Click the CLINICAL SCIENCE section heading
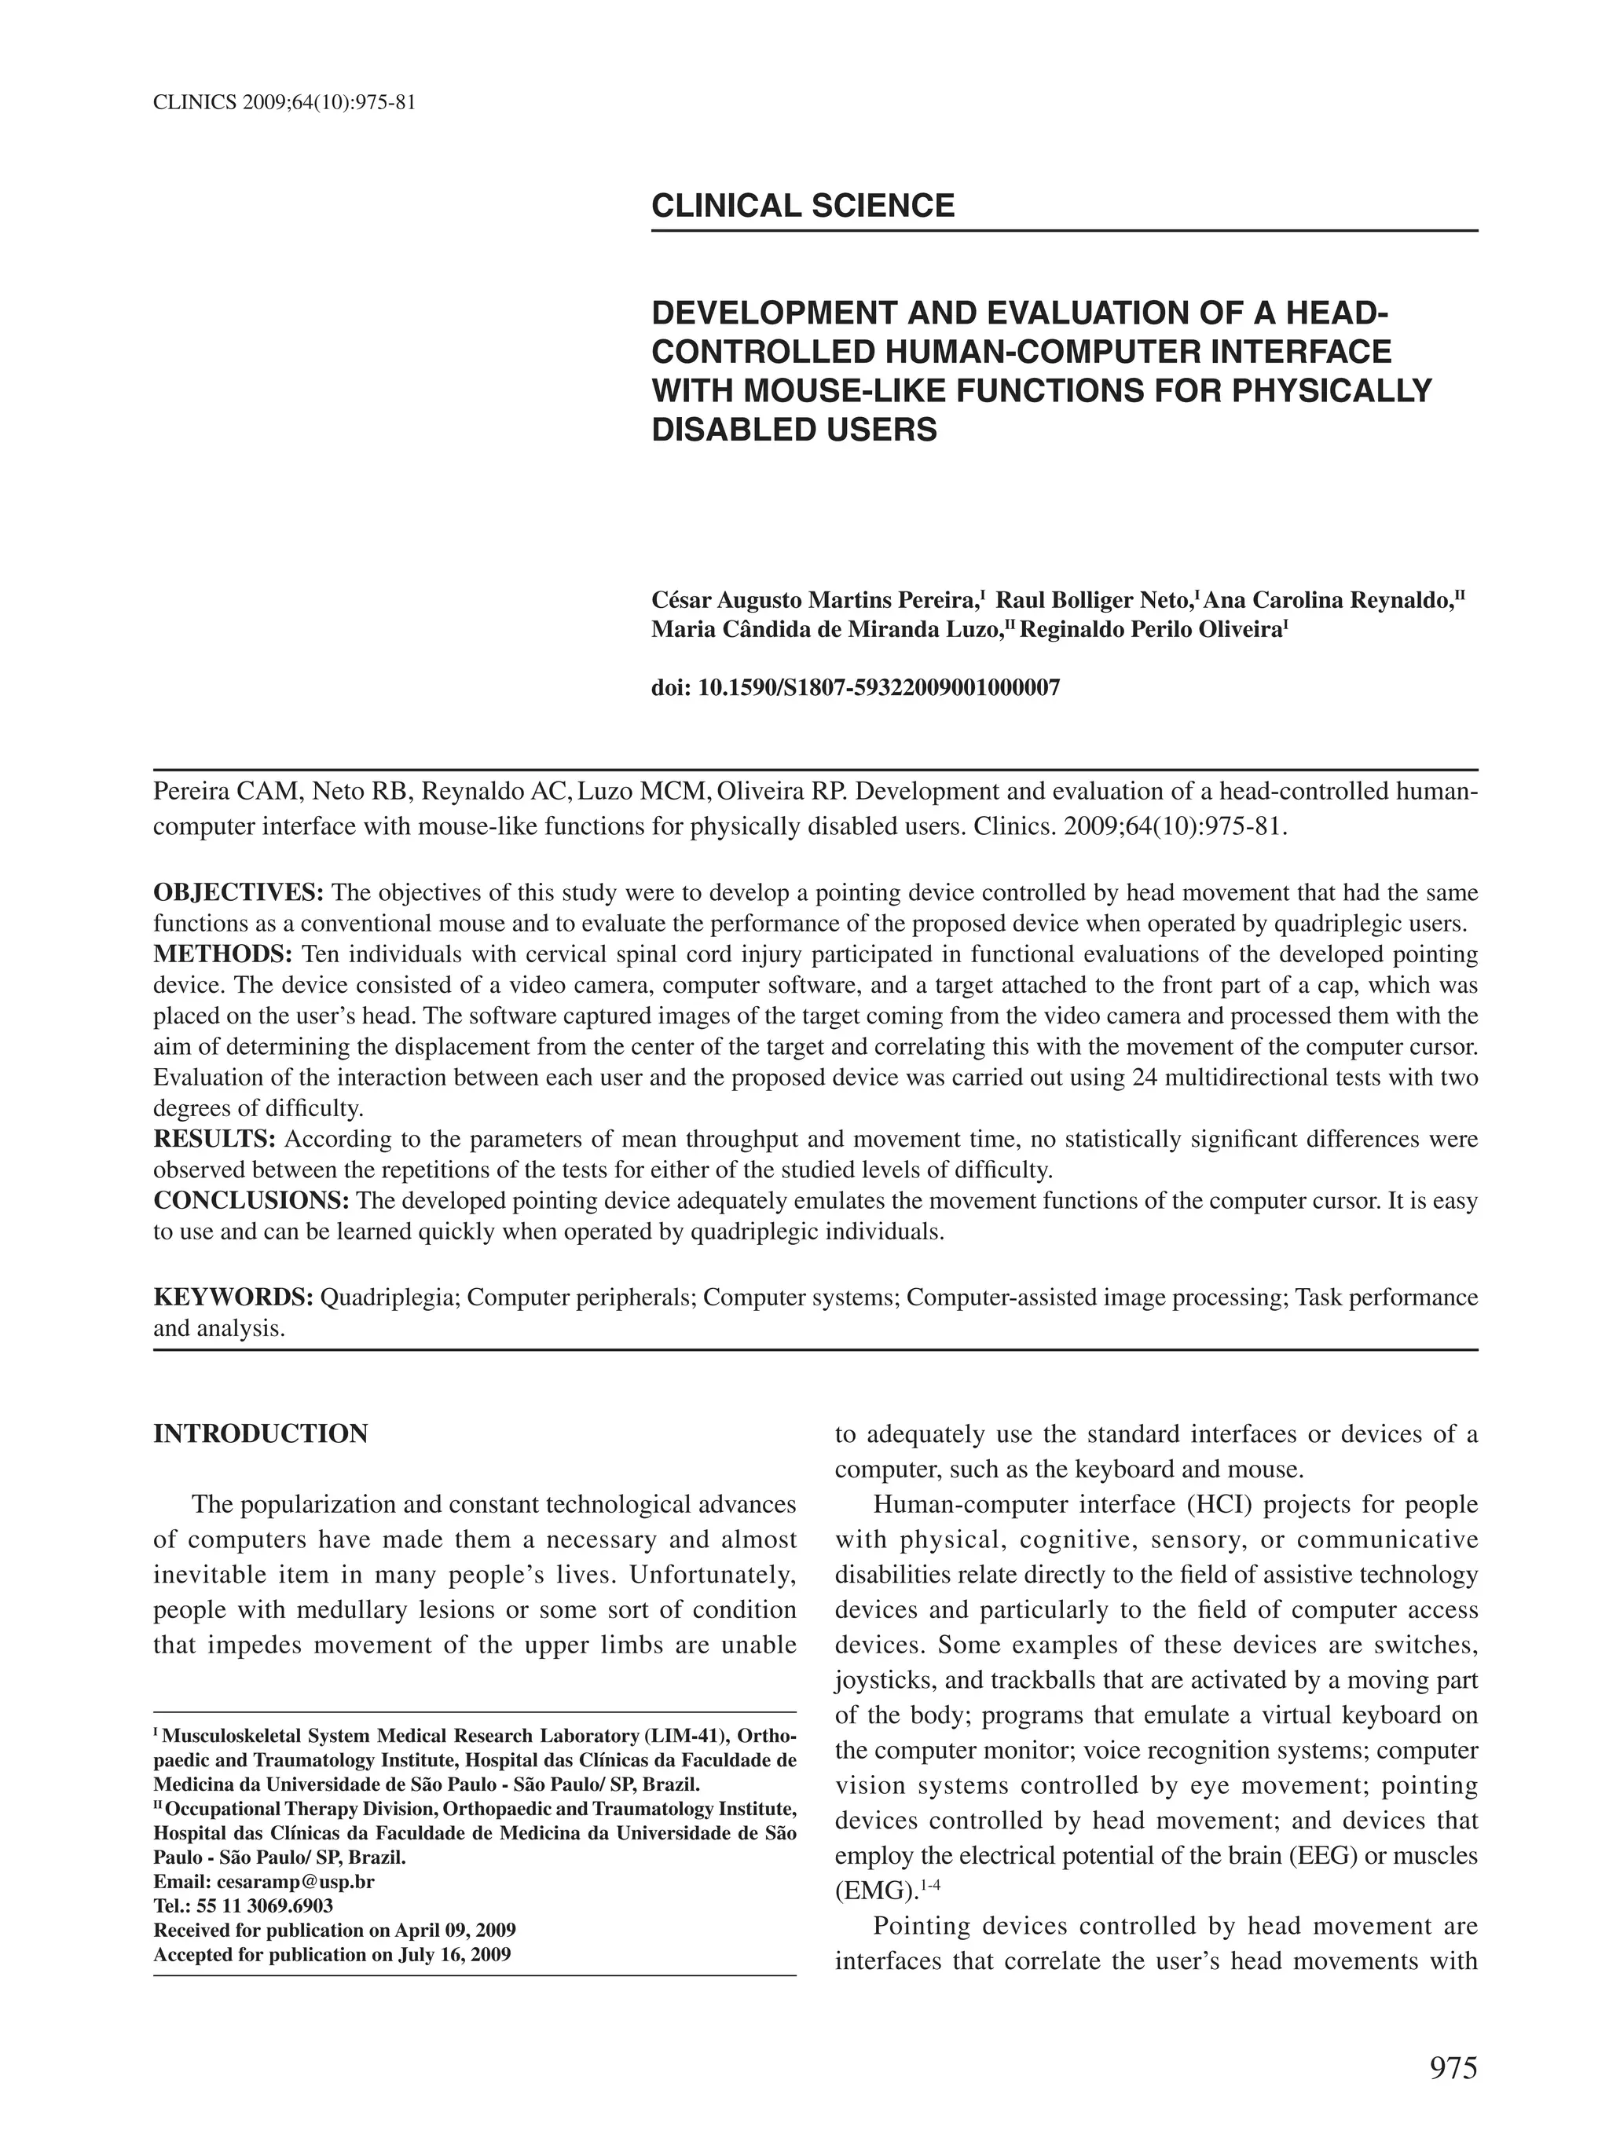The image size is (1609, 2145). click(x=802, y=206)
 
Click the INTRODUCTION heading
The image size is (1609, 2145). click(x=260, y=1433)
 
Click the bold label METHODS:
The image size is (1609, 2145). click(x=222, y=954)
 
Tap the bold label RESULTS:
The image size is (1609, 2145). click(x=215, y=1138)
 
